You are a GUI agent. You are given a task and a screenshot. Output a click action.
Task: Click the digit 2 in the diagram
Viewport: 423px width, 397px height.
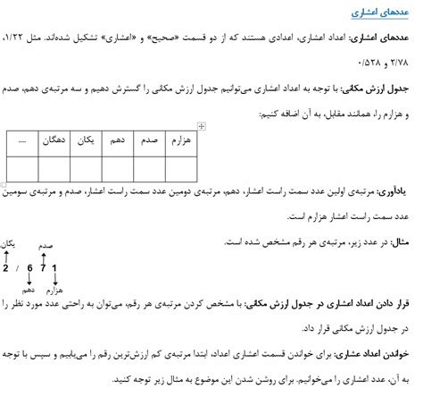click(7, 268)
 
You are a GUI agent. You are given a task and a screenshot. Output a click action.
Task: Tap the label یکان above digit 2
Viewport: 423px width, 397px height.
click(8, 243)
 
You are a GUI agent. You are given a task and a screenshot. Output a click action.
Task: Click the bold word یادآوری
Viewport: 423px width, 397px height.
click(400, 190)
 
